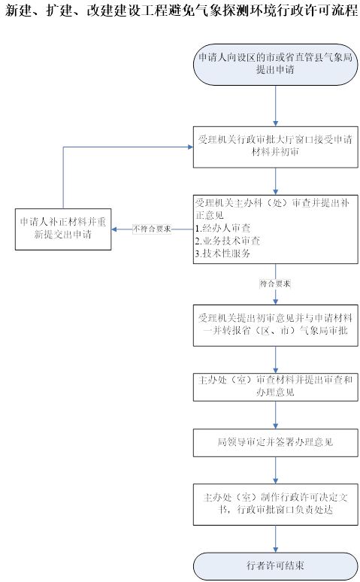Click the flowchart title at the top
pos(181,11)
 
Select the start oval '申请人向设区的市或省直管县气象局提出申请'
pos(275,65)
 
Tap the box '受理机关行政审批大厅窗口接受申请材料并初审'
pos(275,147)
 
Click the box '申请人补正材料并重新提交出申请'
pos(63,229)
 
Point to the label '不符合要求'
pos(152,229)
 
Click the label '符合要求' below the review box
pos(275,284)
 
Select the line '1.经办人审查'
pos(222,229)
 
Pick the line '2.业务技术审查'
pos(228,241)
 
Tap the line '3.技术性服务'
pos(222,253)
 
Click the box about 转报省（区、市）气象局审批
pos(275,326)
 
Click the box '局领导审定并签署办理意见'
pos(275,443)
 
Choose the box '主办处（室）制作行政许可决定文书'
pos(275,504)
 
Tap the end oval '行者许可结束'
pos(275,566)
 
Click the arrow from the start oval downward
pos(275,106)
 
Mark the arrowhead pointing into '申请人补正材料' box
pos(114,229)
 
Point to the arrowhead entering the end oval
pos(275,550)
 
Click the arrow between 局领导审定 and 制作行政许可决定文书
pos(275,470)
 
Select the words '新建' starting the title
pos(19,11)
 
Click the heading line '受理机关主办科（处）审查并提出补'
pos(272,203)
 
